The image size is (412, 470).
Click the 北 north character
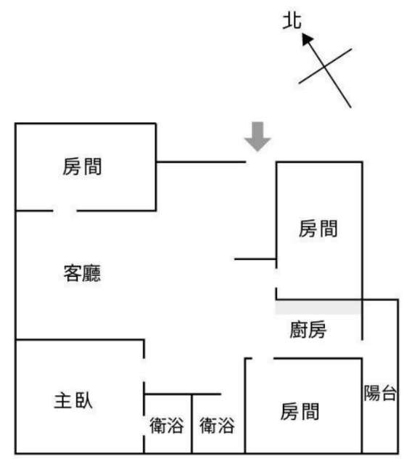coord(292,20)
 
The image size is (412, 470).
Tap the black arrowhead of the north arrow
coord(307,39)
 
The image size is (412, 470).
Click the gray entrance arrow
coord(257,137)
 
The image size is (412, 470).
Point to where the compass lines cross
coord(325,66)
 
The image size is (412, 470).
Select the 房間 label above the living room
coord(82,166)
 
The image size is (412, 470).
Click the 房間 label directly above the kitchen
coord(318,228)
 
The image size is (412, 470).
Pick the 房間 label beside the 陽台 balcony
coord(300,411)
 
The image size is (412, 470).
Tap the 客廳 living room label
coord(82,272)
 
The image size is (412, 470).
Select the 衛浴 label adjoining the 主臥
coord(167,425)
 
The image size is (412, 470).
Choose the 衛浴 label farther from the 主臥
coord(217,425)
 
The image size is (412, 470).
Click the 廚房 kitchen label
coord(308,329)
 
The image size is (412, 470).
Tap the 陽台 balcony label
coord(380,393)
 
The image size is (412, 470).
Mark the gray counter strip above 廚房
coord(318,307)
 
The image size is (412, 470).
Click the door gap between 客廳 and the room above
coord(65,211)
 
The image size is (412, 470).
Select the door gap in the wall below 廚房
coord(263,358)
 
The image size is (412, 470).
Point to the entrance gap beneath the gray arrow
coord(261,162)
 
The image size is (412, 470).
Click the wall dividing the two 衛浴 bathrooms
coord(191,424)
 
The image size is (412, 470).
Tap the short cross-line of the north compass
coord(325,66)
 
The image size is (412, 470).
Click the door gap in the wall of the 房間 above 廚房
coord(276,278)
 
